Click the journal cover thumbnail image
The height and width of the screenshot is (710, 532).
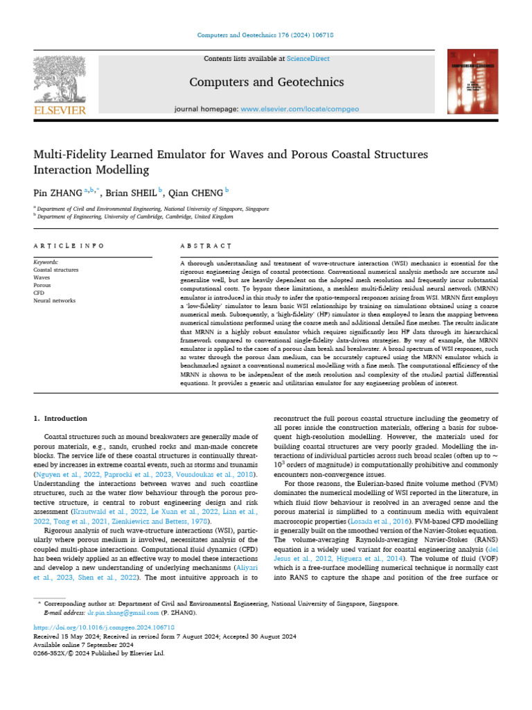click(472, 82)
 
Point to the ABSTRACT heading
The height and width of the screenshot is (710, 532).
click(206, 246)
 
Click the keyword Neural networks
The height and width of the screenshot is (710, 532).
click(56, 300)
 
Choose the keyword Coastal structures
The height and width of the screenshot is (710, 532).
click(56, 270)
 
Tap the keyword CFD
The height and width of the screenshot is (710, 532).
click(39, 293)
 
